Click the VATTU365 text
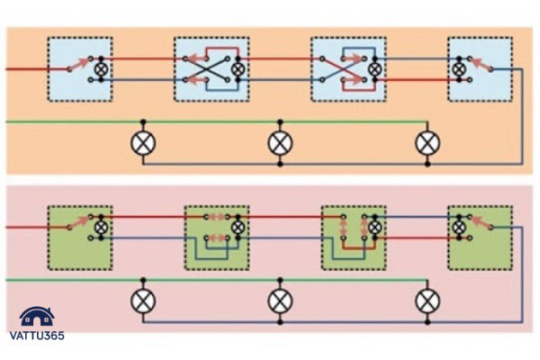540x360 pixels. tap(37, 336)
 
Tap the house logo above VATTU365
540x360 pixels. tap(37, 317)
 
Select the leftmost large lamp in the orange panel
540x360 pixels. tap(143, 143)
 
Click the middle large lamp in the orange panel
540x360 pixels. tap(280, 143)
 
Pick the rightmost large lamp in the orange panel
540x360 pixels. tap(427, 143)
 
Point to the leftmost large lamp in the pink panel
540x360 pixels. tap(143, 301)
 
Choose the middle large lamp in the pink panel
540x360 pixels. tap(280, 301)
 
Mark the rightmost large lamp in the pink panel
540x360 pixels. tap(427, 301)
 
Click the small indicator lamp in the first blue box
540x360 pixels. tap(101, 69)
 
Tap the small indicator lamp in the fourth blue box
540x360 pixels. tap(459, 69)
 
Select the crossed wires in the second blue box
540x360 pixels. tap(206, 69)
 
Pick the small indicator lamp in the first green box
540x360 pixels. tap(101, 228)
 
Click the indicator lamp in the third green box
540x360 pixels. tap(374, 228)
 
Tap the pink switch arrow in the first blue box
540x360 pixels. tap(79, 64)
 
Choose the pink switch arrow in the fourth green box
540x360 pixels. tap(481, 222)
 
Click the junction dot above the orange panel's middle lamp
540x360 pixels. tap(280, 121)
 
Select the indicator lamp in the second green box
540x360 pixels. tap(238, 228)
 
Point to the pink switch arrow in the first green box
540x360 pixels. tap(79, 222)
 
